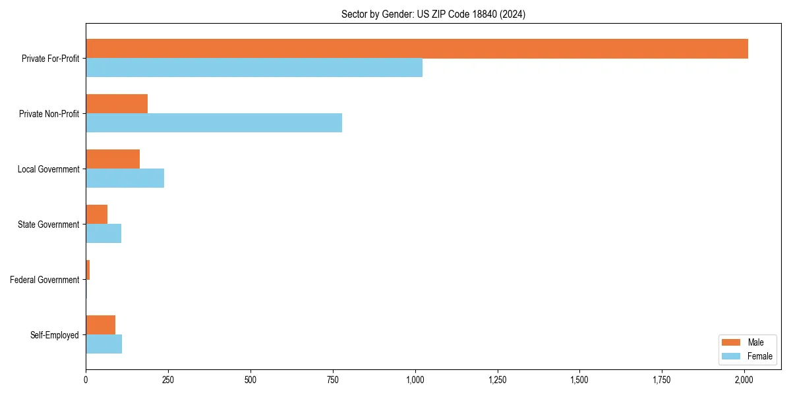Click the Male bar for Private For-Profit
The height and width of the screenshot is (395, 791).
tap(417, 49)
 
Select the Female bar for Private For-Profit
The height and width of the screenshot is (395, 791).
tap(254, 68)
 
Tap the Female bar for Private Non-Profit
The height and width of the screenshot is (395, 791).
tap(214, 123)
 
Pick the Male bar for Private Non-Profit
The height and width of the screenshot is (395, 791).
tap(117, 104)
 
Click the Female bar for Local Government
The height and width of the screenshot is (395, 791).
tap(125, 178)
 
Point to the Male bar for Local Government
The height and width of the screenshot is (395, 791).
tap(113, 159)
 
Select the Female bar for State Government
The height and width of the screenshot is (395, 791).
tap(103, 234)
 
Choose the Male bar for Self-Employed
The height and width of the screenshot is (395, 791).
tap(100, 325)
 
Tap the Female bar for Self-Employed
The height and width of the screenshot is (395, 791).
tap(103, 344)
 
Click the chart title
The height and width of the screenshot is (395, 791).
tap(433, 14)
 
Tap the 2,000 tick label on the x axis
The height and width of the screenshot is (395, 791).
tap(744, 380)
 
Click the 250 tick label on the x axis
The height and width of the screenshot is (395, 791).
tap(168, 380)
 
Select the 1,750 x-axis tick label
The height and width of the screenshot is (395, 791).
tap(662, 380)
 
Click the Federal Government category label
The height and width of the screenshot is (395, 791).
tap(45, 280)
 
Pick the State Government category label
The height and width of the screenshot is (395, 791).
tap(48, 224)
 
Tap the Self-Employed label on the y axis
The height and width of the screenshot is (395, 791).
tap(55, 335)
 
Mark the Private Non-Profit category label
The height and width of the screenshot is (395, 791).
tap(49, 114)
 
